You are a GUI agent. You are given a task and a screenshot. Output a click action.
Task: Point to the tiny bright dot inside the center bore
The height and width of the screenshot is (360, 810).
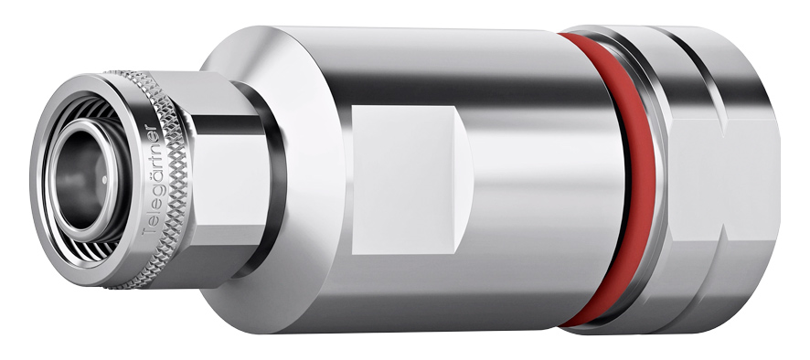pos(104,180)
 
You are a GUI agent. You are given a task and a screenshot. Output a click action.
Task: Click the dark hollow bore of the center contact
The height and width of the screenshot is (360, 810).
pos(80,178)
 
